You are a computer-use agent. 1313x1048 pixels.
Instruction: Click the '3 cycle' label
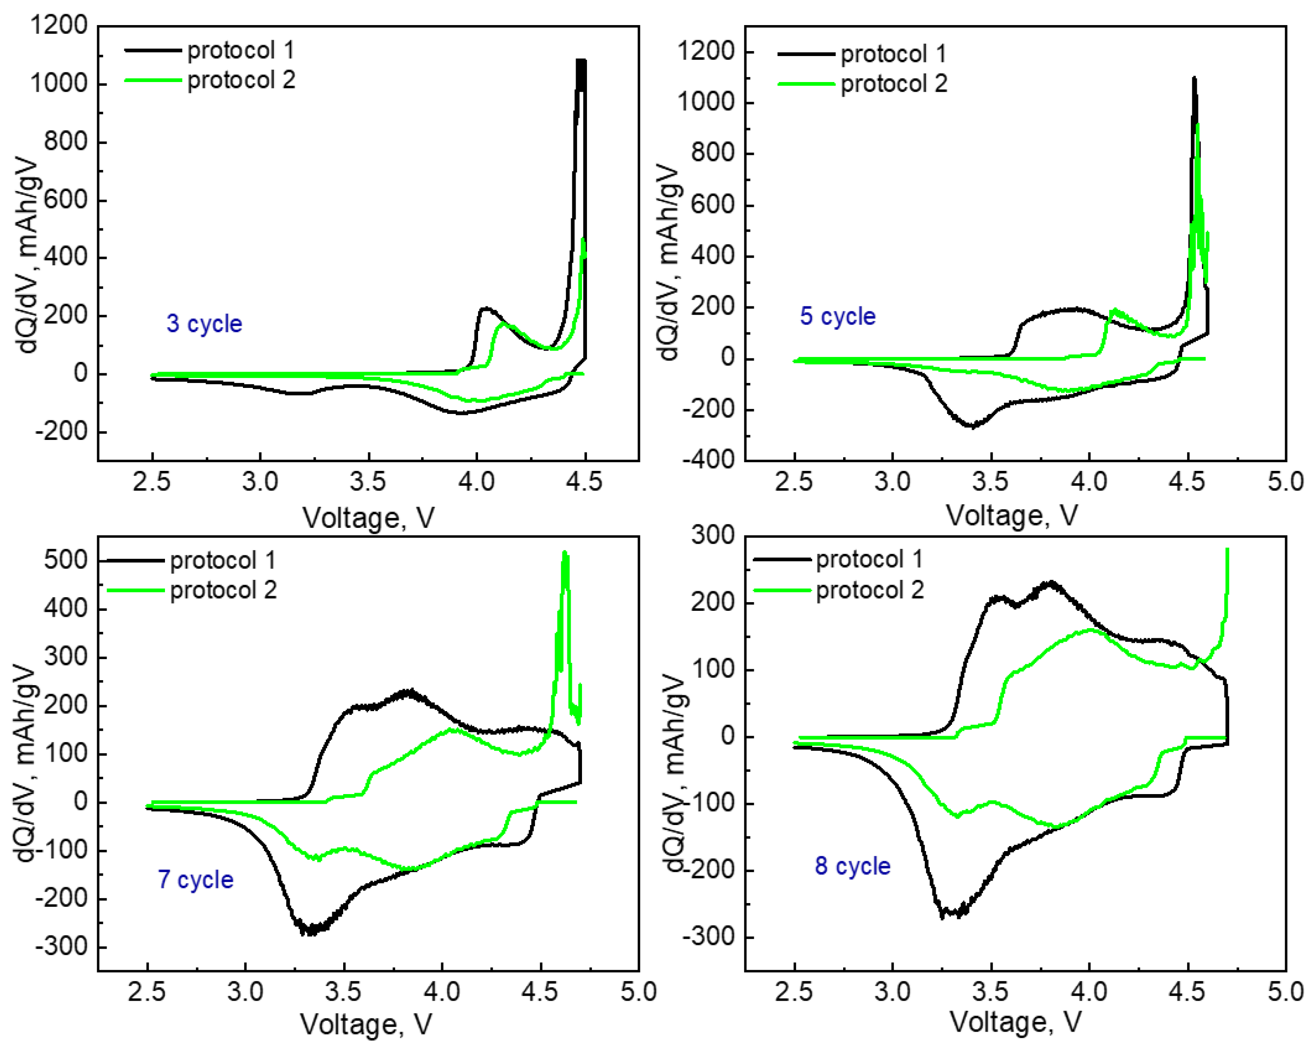[x=204, y=324]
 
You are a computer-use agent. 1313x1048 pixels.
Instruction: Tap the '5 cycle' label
[x=837, y=316]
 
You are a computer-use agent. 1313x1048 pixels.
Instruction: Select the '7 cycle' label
[x=196, y=879]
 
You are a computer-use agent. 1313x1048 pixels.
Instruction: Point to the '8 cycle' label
[x=853, y=866]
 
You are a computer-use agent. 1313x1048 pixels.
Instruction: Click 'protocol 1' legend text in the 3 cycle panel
[x=241, y=51]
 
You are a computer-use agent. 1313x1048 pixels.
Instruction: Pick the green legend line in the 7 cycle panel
[x=135, y=590]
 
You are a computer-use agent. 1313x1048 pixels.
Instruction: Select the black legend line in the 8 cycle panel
[x=782, y=559]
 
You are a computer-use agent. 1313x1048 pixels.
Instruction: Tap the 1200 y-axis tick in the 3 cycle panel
[x=59, y=26]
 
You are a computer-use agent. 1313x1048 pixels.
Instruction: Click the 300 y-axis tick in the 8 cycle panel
[x=712, y=536]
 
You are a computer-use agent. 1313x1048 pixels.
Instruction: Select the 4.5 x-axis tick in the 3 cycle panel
[x=583, y=482]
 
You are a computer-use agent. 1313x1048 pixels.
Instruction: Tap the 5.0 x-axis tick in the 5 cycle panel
[x=1285, y=482]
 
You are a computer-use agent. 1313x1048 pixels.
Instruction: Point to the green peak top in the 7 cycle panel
[x=565, y=553]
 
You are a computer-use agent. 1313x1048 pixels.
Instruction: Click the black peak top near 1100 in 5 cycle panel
[x=1194, y=78]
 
